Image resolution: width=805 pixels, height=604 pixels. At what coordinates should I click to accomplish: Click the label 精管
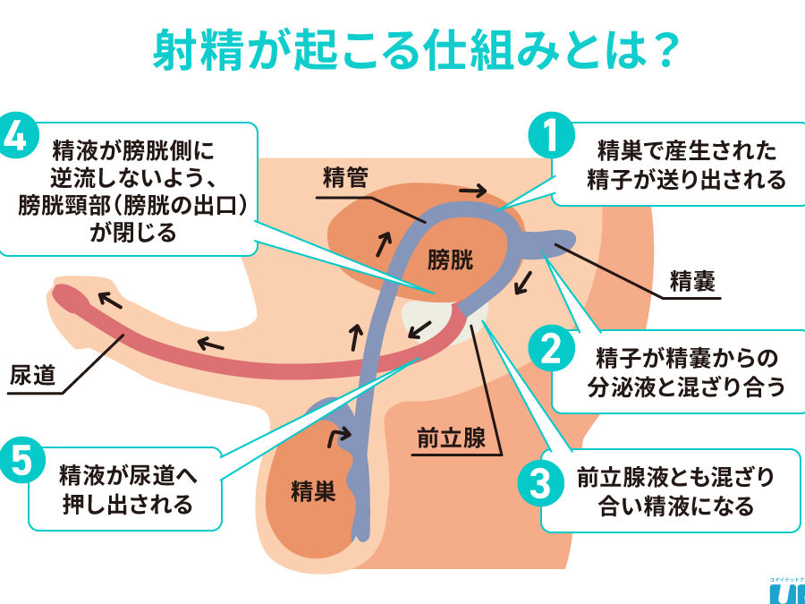pyautogui.click(x=345, y=175)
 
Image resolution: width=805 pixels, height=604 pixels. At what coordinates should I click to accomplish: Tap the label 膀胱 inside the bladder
pyautogui.click(x=449, y=259)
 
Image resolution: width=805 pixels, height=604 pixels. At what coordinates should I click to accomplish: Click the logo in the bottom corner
pyautogui.click(x=785, y=591)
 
